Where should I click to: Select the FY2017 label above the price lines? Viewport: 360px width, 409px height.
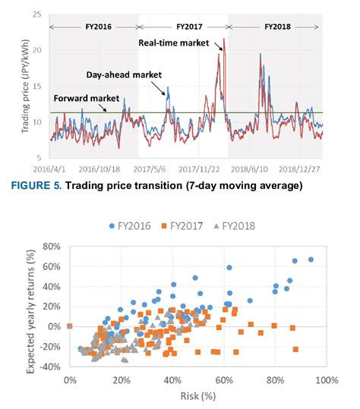[x=183, y=26]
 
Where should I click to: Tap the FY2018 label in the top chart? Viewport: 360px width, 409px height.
[x=278, y=26]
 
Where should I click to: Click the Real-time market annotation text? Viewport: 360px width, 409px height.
[x=173, y=43]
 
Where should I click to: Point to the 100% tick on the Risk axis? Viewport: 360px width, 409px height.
[x=327, y=379]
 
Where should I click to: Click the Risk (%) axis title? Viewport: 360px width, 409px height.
[x=198, y=395]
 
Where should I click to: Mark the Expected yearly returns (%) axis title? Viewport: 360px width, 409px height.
[x=30, y=307]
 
